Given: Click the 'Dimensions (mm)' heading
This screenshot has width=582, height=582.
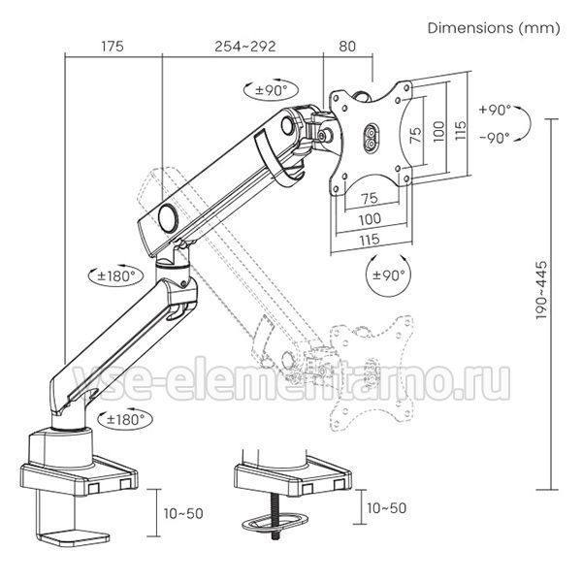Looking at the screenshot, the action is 494,28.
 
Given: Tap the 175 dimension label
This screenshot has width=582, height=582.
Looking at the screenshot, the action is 113,47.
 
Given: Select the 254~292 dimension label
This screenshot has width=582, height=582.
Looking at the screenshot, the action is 245,47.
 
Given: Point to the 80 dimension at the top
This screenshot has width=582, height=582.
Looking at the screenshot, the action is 347,47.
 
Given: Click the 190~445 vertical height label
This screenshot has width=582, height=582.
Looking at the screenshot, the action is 542,290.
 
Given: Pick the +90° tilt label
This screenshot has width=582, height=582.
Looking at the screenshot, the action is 496,111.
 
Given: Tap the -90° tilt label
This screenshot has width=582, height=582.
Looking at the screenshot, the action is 495,138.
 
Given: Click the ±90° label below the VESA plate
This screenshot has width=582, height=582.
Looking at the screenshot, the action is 388,275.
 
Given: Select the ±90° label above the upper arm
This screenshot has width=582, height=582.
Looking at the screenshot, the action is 272,90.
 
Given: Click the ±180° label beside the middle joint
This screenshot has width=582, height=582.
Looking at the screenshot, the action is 115,276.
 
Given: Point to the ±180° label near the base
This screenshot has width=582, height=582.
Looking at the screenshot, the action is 125,420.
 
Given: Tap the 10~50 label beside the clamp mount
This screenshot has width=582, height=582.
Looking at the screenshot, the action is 183,514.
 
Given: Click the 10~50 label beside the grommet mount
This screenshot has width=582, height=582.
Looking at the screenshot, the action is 387,508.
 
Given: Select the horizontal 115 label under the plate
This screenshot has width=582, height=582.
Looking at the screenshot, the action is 370,240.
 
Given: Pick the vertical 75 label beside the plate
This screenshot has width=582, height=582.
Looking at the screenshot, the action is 416,135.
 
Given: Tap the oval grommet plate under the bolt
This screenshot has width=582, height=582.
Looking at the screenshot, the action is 275,523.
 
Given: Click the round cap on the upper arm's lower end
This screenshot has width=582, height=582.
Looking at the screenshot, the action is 168,218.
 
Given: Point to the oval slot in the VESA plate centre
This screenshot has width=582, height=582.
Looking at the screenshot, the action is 372,137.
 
